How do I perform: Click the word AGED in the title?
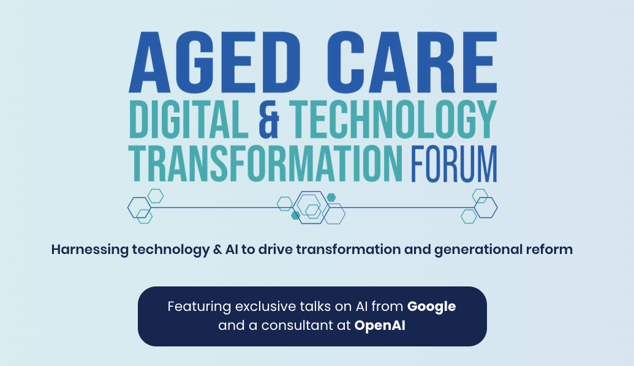click(214, 62)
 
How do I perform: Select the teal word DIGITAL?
click(189, 119)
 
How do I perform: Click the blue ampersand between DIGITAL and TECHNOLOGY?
click(269, 119)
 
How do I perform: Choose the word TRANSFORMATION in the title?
click(265, 163)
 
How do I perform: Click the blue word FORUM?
click(454, 163)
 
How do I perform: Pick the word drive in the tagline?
click(275, 249)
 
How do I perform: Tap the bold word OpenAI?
click(380, 326)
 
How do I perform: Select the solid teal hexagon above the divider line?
click(331, 198)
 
